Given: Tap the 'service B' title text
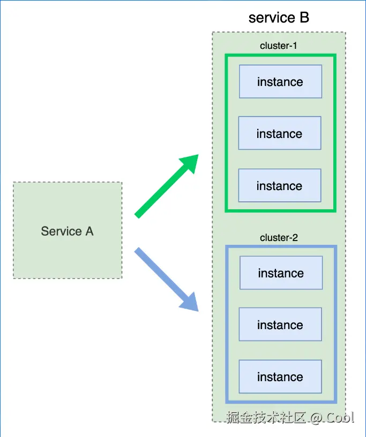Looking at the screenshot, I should (x=279, y=18).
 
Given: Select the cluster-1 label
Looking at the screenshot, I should (x=278, y=46).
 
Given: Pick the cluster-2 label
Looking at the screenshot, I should (x=279, y=237).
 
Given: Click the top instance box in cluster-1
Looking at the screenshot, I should (x=280, y=82).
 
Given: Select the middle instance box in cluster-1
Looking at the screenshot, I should (x=280, y=133).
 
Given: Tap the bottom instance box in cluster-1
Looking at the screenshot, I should (x=280, y=186).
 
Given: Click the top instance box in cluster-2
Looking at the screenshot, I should (x=281, y=273).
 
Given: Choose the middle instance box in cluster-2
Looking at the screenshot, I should (x=280, y=325).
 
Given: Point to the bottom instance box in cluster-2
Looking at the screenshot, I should (x=280, y=377).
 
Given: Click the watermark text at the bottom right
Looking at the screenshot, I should (x=290, y=417).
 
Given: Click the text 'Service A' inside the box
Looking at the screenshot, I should (x=68, y=231).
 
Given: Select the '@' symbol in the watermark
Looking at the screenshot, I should (x=316, y=418).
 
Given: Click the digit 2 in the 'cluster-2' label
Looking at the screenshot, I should (x=295, y=237).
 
